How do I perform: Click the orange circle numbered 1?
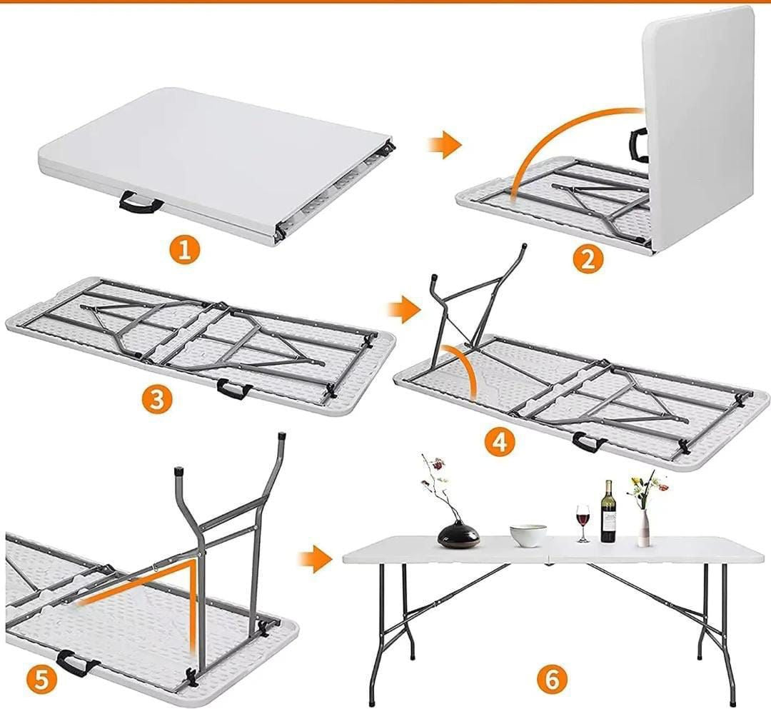click(x=185, y=251)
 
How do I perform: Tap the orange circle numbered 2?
click(x=588, y=259)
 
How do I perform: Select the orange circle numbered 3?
click(x=156, y=399)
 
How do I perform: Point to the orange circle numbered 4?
click(x=500, y=443)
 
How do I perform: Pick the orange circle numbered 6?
click(x=552, y=680)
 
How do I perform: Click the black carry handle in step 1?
click(x=141, y=203)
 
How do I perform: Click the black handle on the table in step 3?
click(x=234, y=388)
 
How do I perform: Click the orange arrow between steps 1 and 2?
click(x=444, y=145)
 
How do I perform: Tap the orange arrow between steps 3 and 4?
click(x=404, y=309)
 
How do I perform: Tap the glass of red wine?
click(x=583, y=523)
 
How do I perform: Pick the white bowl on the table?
click(x=528, y=535)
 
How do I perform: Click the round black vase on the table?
click(x=458, y=534)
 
